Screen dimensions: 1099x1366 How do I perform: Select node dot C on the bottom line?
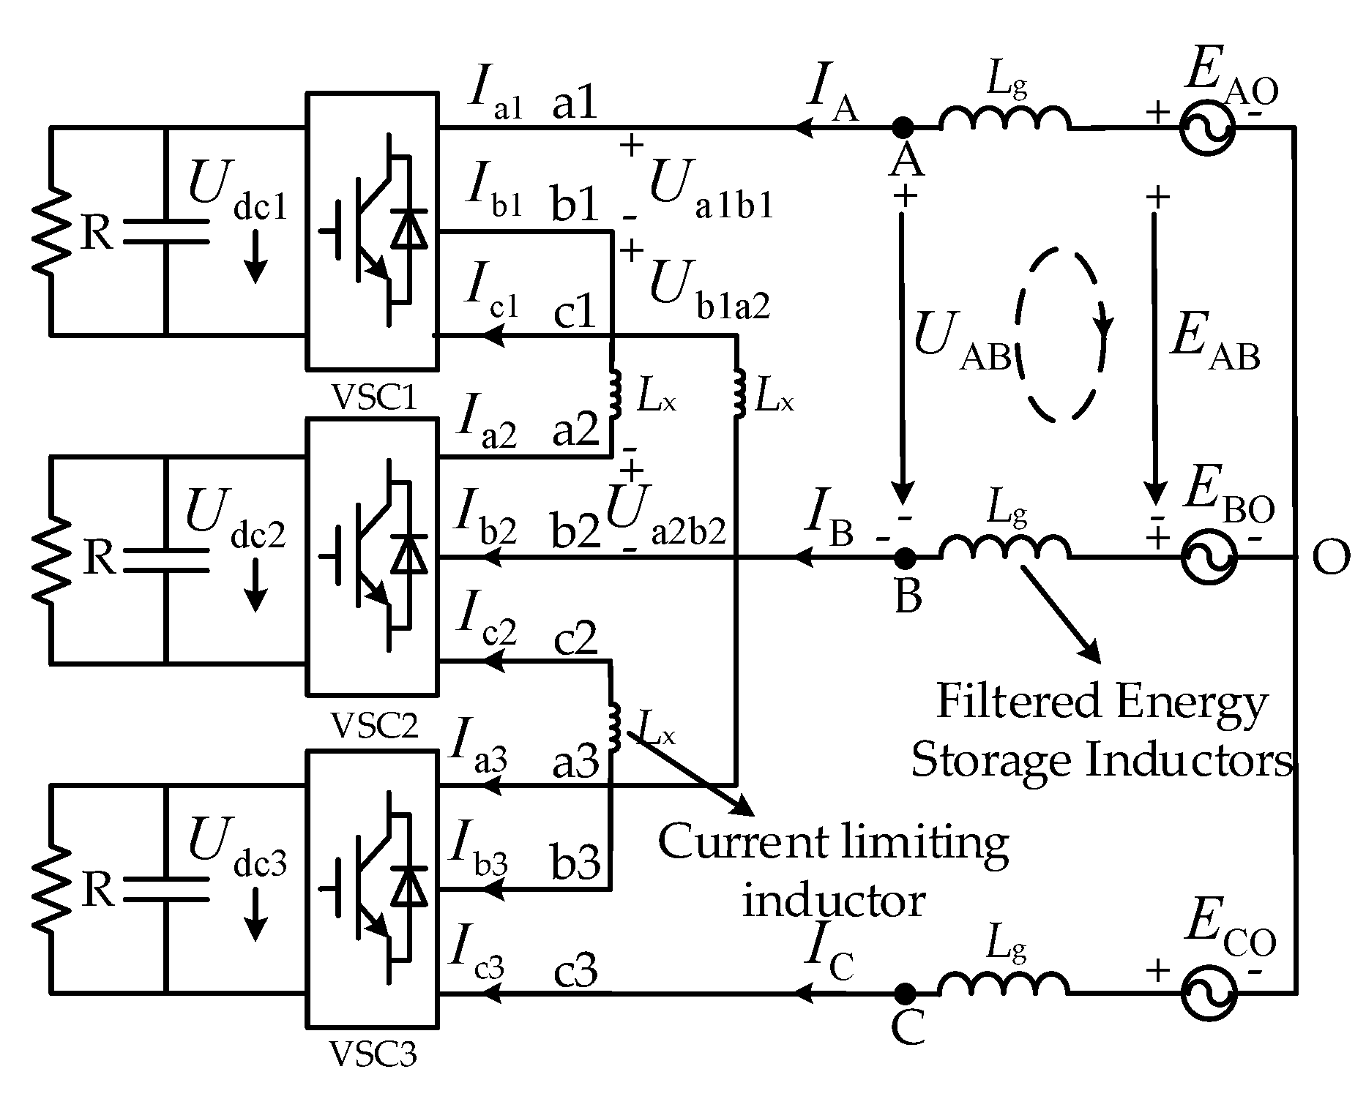(906, 994)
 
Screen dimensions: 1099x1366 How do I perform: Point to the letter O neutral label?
(1331, 559)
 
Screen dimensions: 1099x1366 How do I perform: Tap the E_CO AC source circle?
(1207, 994)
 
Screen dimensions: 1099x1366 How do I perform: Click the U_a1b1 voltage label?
(711, 195)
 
